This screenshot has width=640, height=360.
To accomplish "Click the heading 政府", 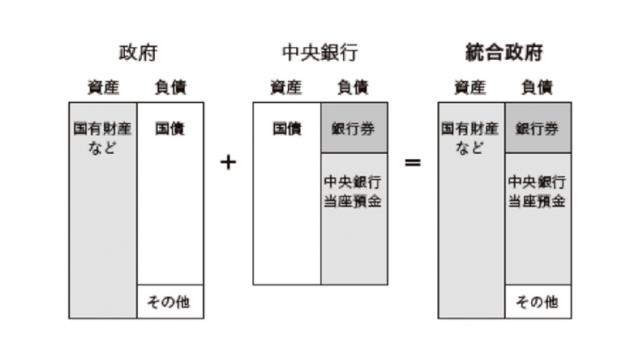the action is [x=136, y=51].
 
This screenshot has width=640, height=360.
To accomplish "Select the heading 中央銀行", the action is [x=320, y=51].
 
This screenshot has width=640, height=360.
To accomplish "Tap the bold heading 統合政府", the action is [x=504, y=51].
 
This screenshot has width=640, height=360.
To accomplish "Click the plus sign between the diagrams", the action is [x=228, y=161].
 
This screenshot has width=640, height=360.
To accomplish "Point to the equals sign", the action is [x=412, y=161].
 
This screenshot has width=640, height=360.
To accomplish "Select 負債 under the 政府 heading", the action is [x=170, y=87].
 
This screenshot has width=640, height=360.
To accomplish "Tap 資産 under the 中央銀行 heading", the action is [x=286, y=87].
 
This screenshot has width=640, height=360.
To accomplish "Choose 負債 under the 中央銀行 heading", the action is [x=354, y=87].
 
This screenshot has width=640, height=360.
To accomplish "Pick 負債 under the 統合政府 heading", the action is [x=538, y=87].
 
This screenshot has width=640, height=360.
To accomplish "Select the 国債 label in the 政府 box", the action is [x=169, y=129].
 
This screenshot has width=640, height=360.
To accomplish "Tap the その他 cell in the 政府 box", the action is [x=169, y=301].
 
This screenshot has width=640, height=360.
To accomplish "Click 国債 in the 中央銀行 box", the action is [x=287, y=129].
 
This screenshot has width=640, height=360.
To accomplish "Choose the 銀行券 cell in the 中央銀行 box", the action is [x=353, y=129].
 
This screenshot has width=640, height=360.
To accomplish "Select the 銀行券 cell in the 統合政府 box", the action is [x=537, y=129].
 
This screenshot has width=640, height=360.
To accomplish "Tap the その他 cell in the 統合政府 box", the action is [x=537, y=301].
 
